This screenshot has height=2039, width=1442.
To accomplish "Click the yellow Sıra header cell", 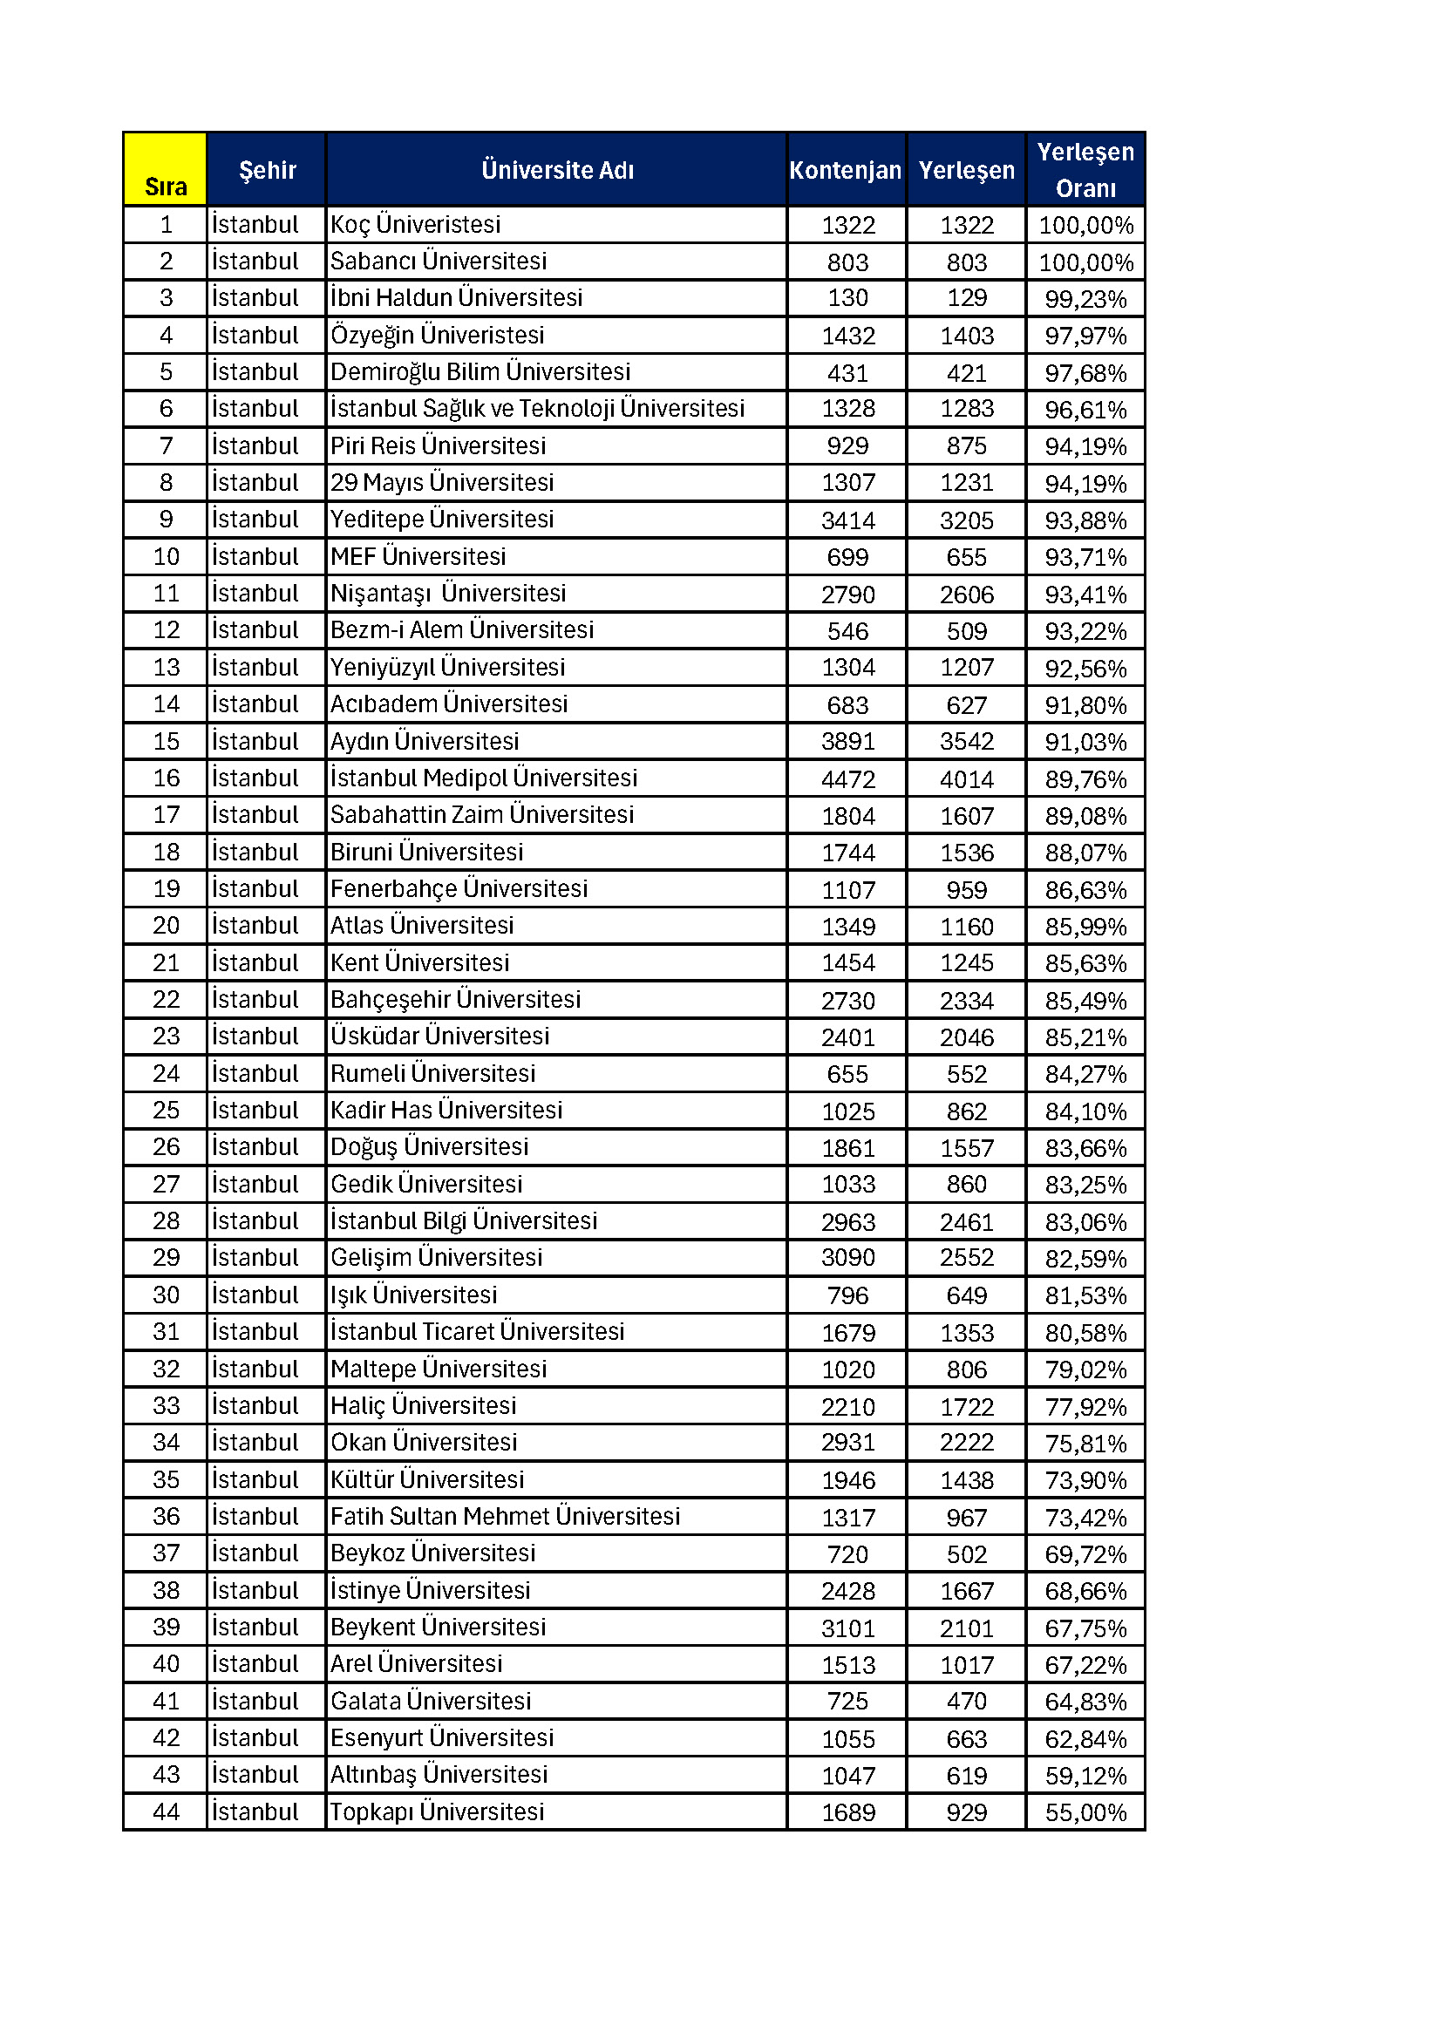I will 165,170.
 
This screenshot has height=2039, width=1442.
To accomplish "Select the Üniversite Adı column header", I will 557,170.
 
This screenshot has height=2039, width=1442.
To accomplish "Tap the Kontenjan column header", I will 846,170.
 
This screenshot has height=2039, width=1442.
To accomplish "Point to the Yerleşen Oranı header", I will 1085,170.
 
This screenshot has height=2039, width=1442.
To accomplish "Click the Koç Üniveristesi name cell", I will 416,225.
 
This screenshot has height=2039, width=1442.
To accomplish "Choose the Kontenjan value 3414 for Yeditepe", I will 848,520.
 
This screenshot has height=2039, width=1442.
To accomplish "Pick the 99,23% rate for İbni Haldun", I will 1085,299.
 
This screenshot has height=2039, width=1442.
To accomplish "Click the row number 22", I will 166,1000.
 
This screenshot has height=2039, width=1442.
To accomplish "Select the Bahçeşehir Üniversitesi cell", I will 455,1000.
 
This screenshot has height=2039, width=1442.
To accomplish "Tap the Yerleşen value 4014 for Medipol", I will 966,778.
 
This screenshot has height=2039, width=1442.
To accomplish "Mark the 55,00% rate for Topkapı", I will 1085,1812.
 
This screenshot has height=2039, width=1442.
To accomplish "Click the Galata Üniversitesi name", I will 431,1702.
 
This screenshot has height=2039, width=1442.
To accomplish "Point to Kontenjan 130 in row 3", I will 848,298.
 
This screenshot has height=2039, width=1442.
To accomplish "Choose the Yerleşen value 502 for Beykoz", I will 966,1554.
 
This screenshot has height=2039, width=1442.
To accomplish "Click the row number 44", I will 166,1812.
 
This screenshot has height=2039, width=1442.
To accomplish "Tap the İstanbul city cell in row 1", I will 255,225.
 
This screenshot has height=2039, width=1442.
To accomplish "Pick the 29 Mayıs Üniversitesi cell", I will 442,483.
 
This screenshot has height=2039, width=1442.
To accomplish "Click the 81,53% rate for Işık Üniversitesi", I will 1085,1295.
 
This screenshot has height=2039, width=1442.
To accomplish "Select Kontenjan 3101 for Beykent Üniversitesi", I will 848,1628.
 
